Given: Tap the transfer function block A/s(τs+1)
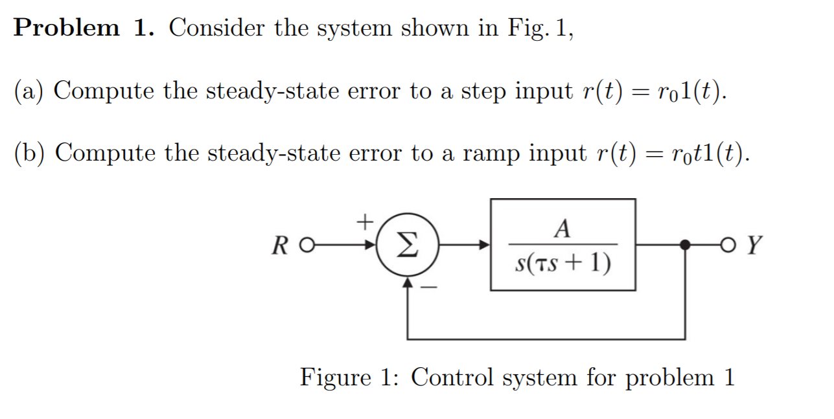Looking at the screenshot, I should point(562,245).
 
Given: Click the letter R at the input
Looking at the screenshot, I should point(281,246).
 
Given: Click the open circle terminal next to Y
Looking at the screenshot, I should point(732,245).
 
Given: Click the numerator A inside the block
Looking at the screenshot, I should point(563,229).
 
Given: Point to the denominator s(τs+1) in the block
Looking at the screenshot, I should point(563,263).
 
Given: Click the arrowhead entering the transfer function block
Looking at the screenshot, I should point(483,245).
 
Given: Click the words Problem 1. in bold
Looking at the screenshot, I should point(87,28).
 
